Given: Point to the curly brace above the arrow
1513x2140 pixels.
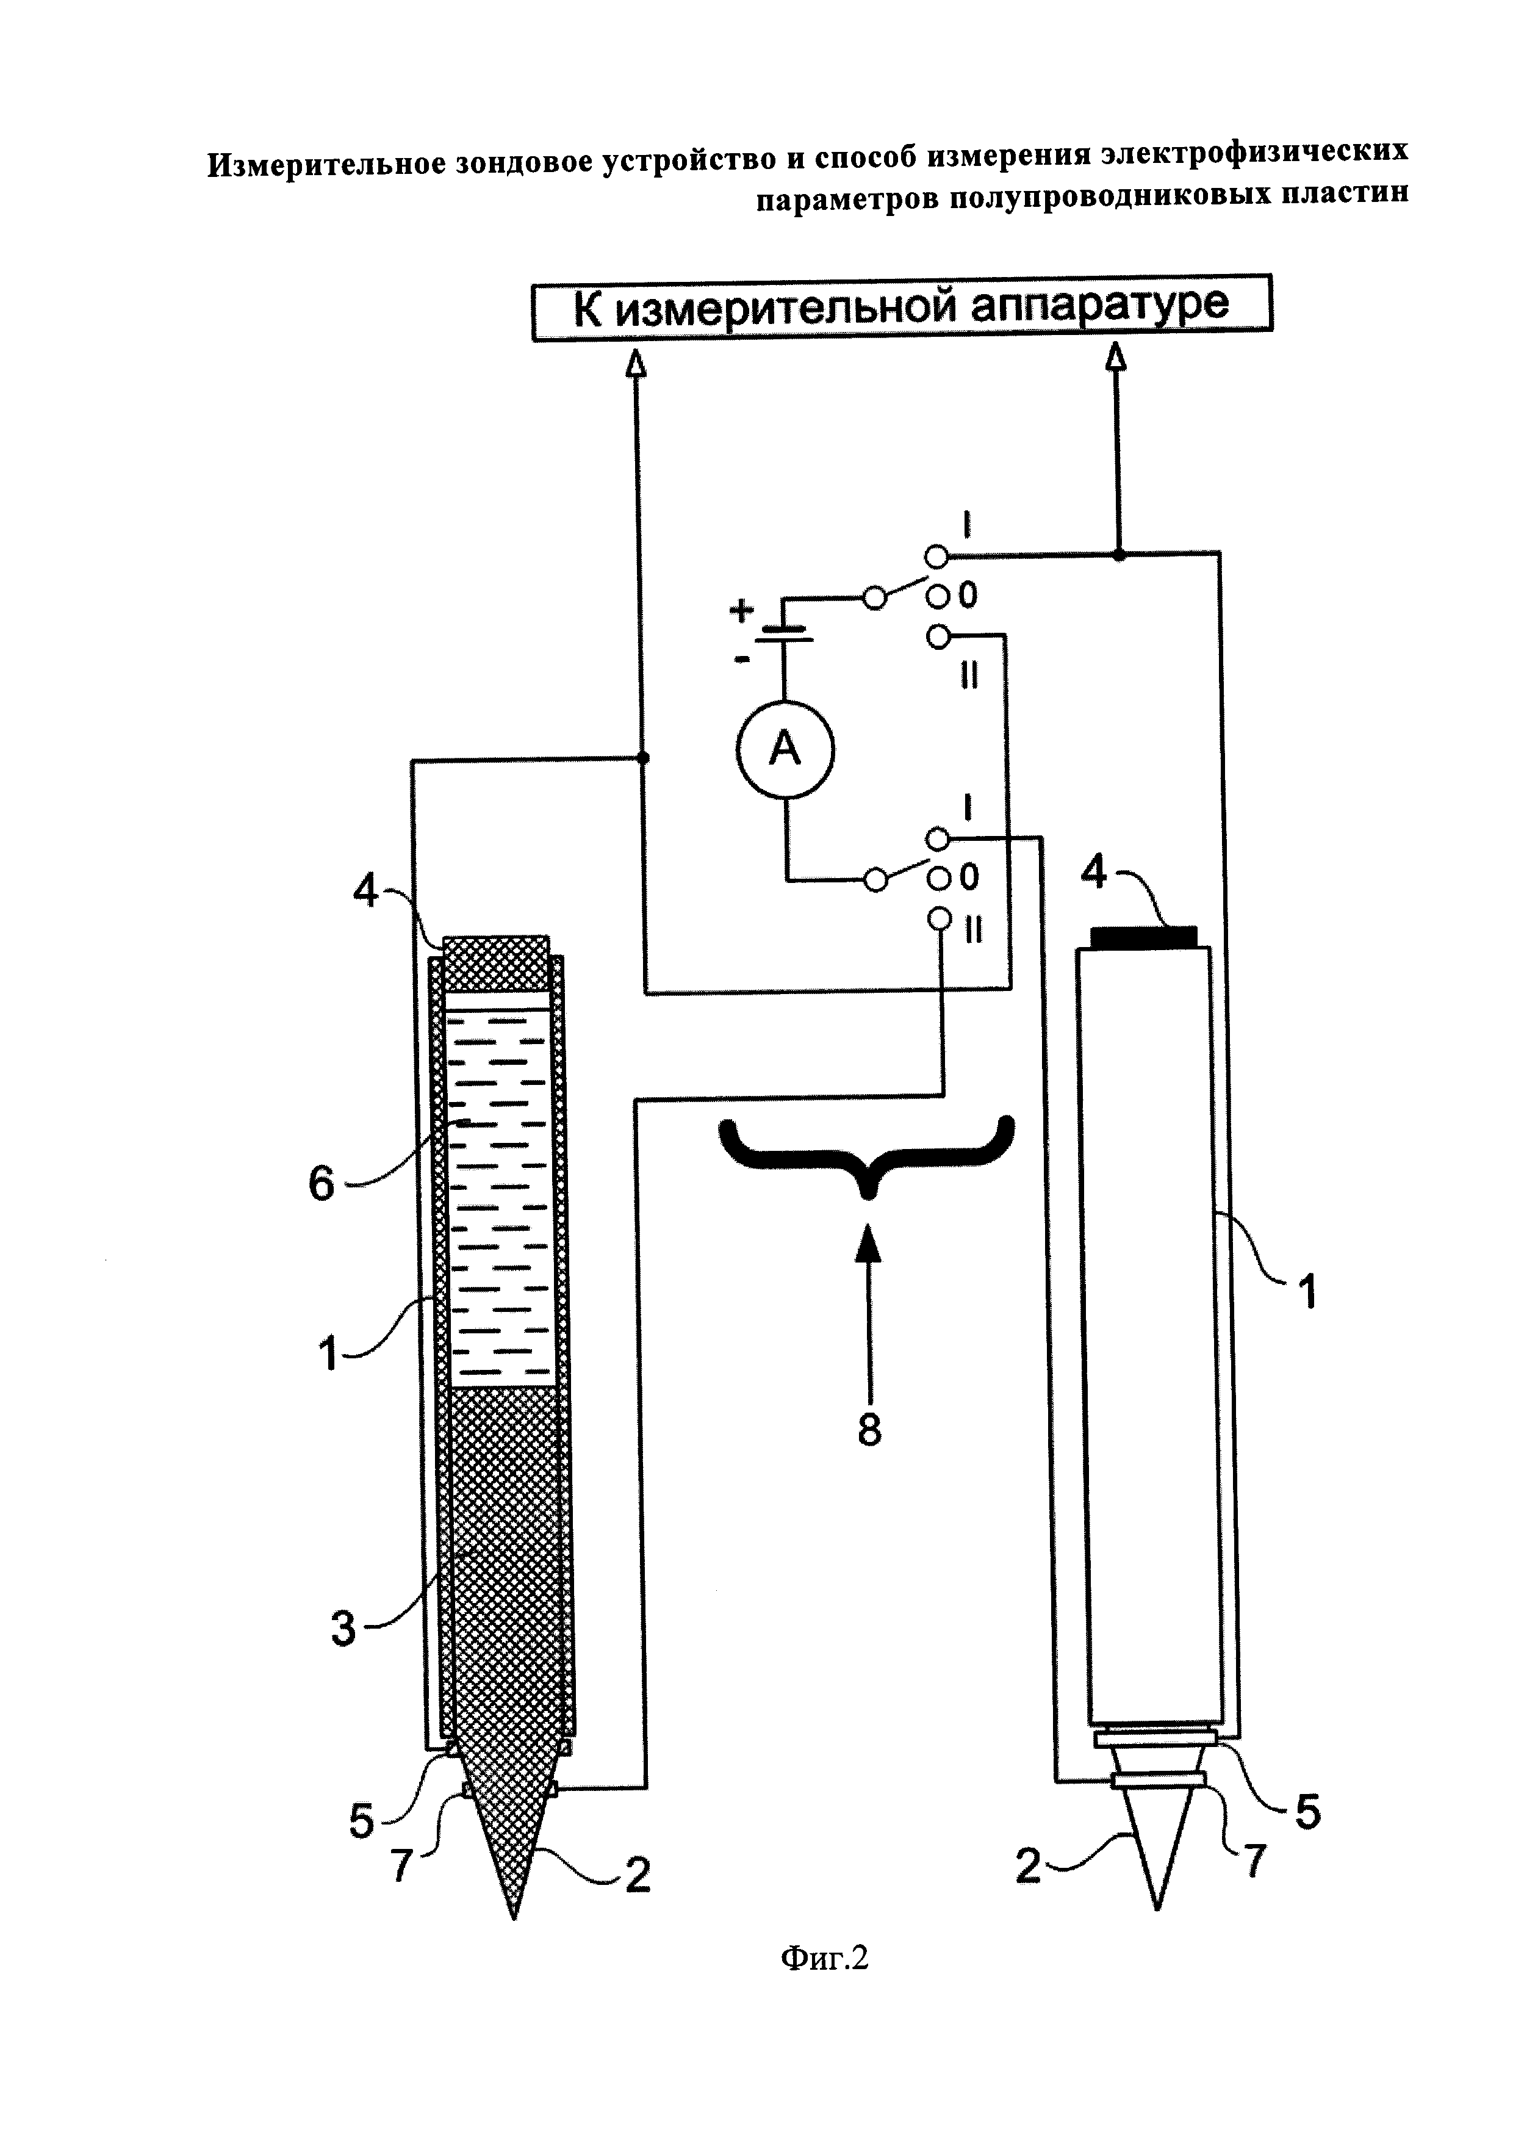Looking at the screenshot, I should pos(866,1154).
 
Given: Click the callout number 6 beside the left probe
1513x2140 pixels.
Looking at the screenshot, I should pos(322,1184).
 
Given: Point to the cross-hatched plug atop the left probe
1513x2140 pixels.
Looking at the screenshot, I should pos(495,964).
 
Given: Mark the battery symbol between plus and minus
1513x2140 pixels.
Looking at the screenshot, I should pos(785,633).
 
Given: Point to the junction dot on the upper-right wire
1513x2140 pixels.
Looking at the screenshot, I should pos(1119,555).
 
